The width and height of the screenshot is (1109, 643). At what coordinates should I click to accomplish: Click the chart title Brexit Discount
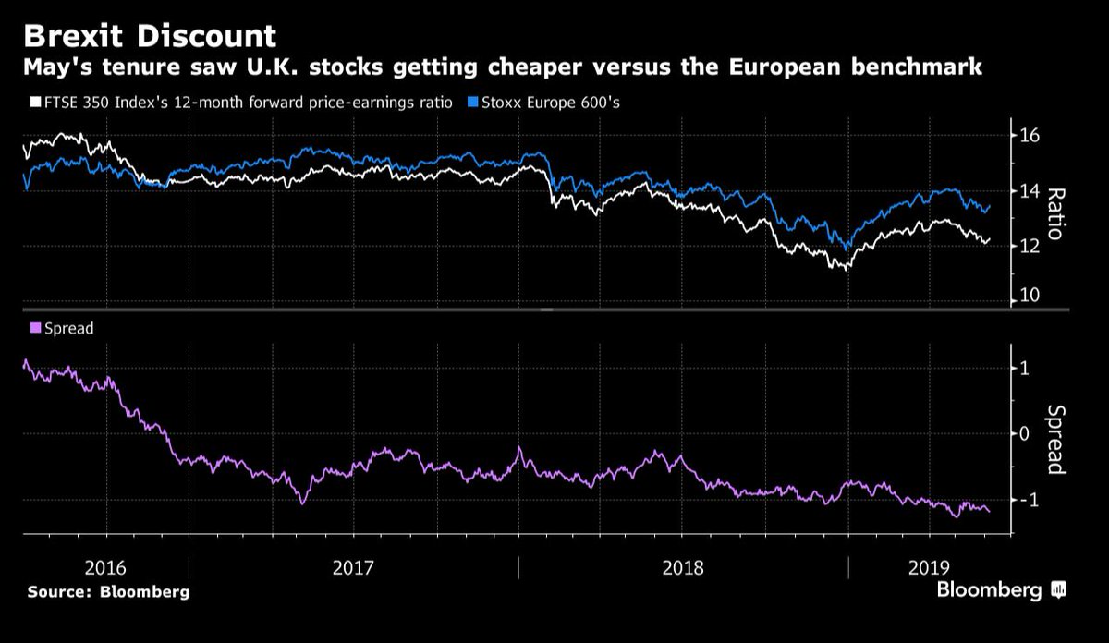coord(150,36)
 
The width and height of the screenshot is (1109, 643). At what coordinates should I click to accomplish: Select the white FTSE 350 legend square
coord(36,103)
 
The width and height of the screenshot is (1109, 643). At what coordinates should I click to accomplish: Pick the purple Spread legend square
coord(36,328)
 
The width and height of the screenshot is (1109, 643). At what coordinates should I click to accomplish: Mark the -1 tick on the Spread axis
coord(1027,500)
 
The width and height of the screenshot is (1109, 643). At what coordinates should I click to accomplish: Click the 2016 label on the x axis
coord(105,566)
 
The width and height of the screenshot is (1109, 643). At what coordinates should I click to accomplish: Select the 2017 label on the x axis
coord(352,566)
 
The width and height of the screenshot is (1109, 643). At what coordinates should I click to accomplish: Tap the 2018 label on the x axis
coord(683,566)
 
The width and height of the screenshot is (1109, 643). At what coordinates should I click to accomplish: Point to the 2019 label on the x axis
coord(927,566)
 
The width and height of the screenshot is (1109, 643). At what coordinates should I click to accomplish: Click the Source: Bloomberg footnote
coord(108,592)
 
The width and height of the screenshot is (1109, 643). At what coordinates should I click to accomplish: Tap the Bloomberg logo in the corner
coord(1001,590)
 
